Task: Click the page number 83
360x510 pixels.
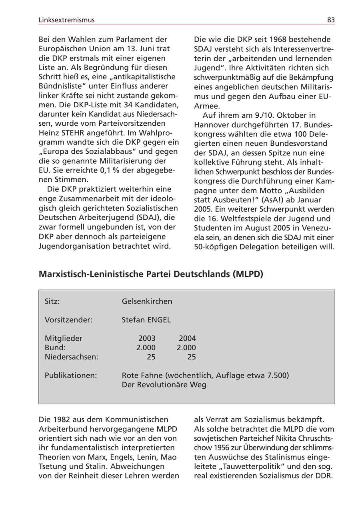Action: point(330,20)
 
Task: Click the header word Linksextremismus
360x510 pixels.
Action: point(67,20)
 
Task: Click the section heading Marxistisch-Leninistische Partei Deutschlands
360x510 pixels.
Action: point(151,274)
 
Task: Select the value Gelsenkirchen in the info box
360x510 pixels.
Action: point(147,301)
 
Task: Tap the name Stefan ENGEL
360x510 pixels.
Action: point(146,320)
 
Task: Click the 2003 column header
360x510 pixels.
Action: point(147,338)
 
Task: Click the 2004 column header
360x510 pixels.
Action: point(187,338)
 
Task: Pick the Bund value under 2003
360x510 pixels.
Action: point(146,347)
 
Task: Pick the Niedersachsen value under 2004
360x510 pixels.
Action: point(192,357)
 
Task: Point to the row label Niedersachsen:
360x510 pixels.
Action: point(71,357)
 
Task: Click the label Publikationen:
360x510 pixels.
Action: point(71,375)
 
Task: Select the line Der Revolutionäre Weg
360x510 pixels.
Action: point(164,385)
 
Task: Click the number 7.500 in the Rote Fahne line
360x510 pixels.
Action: point(275,375)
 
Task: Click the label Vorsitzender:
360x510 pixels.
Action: point(68,320)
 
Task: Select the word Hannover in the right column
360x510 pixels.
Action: point(211,124)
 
